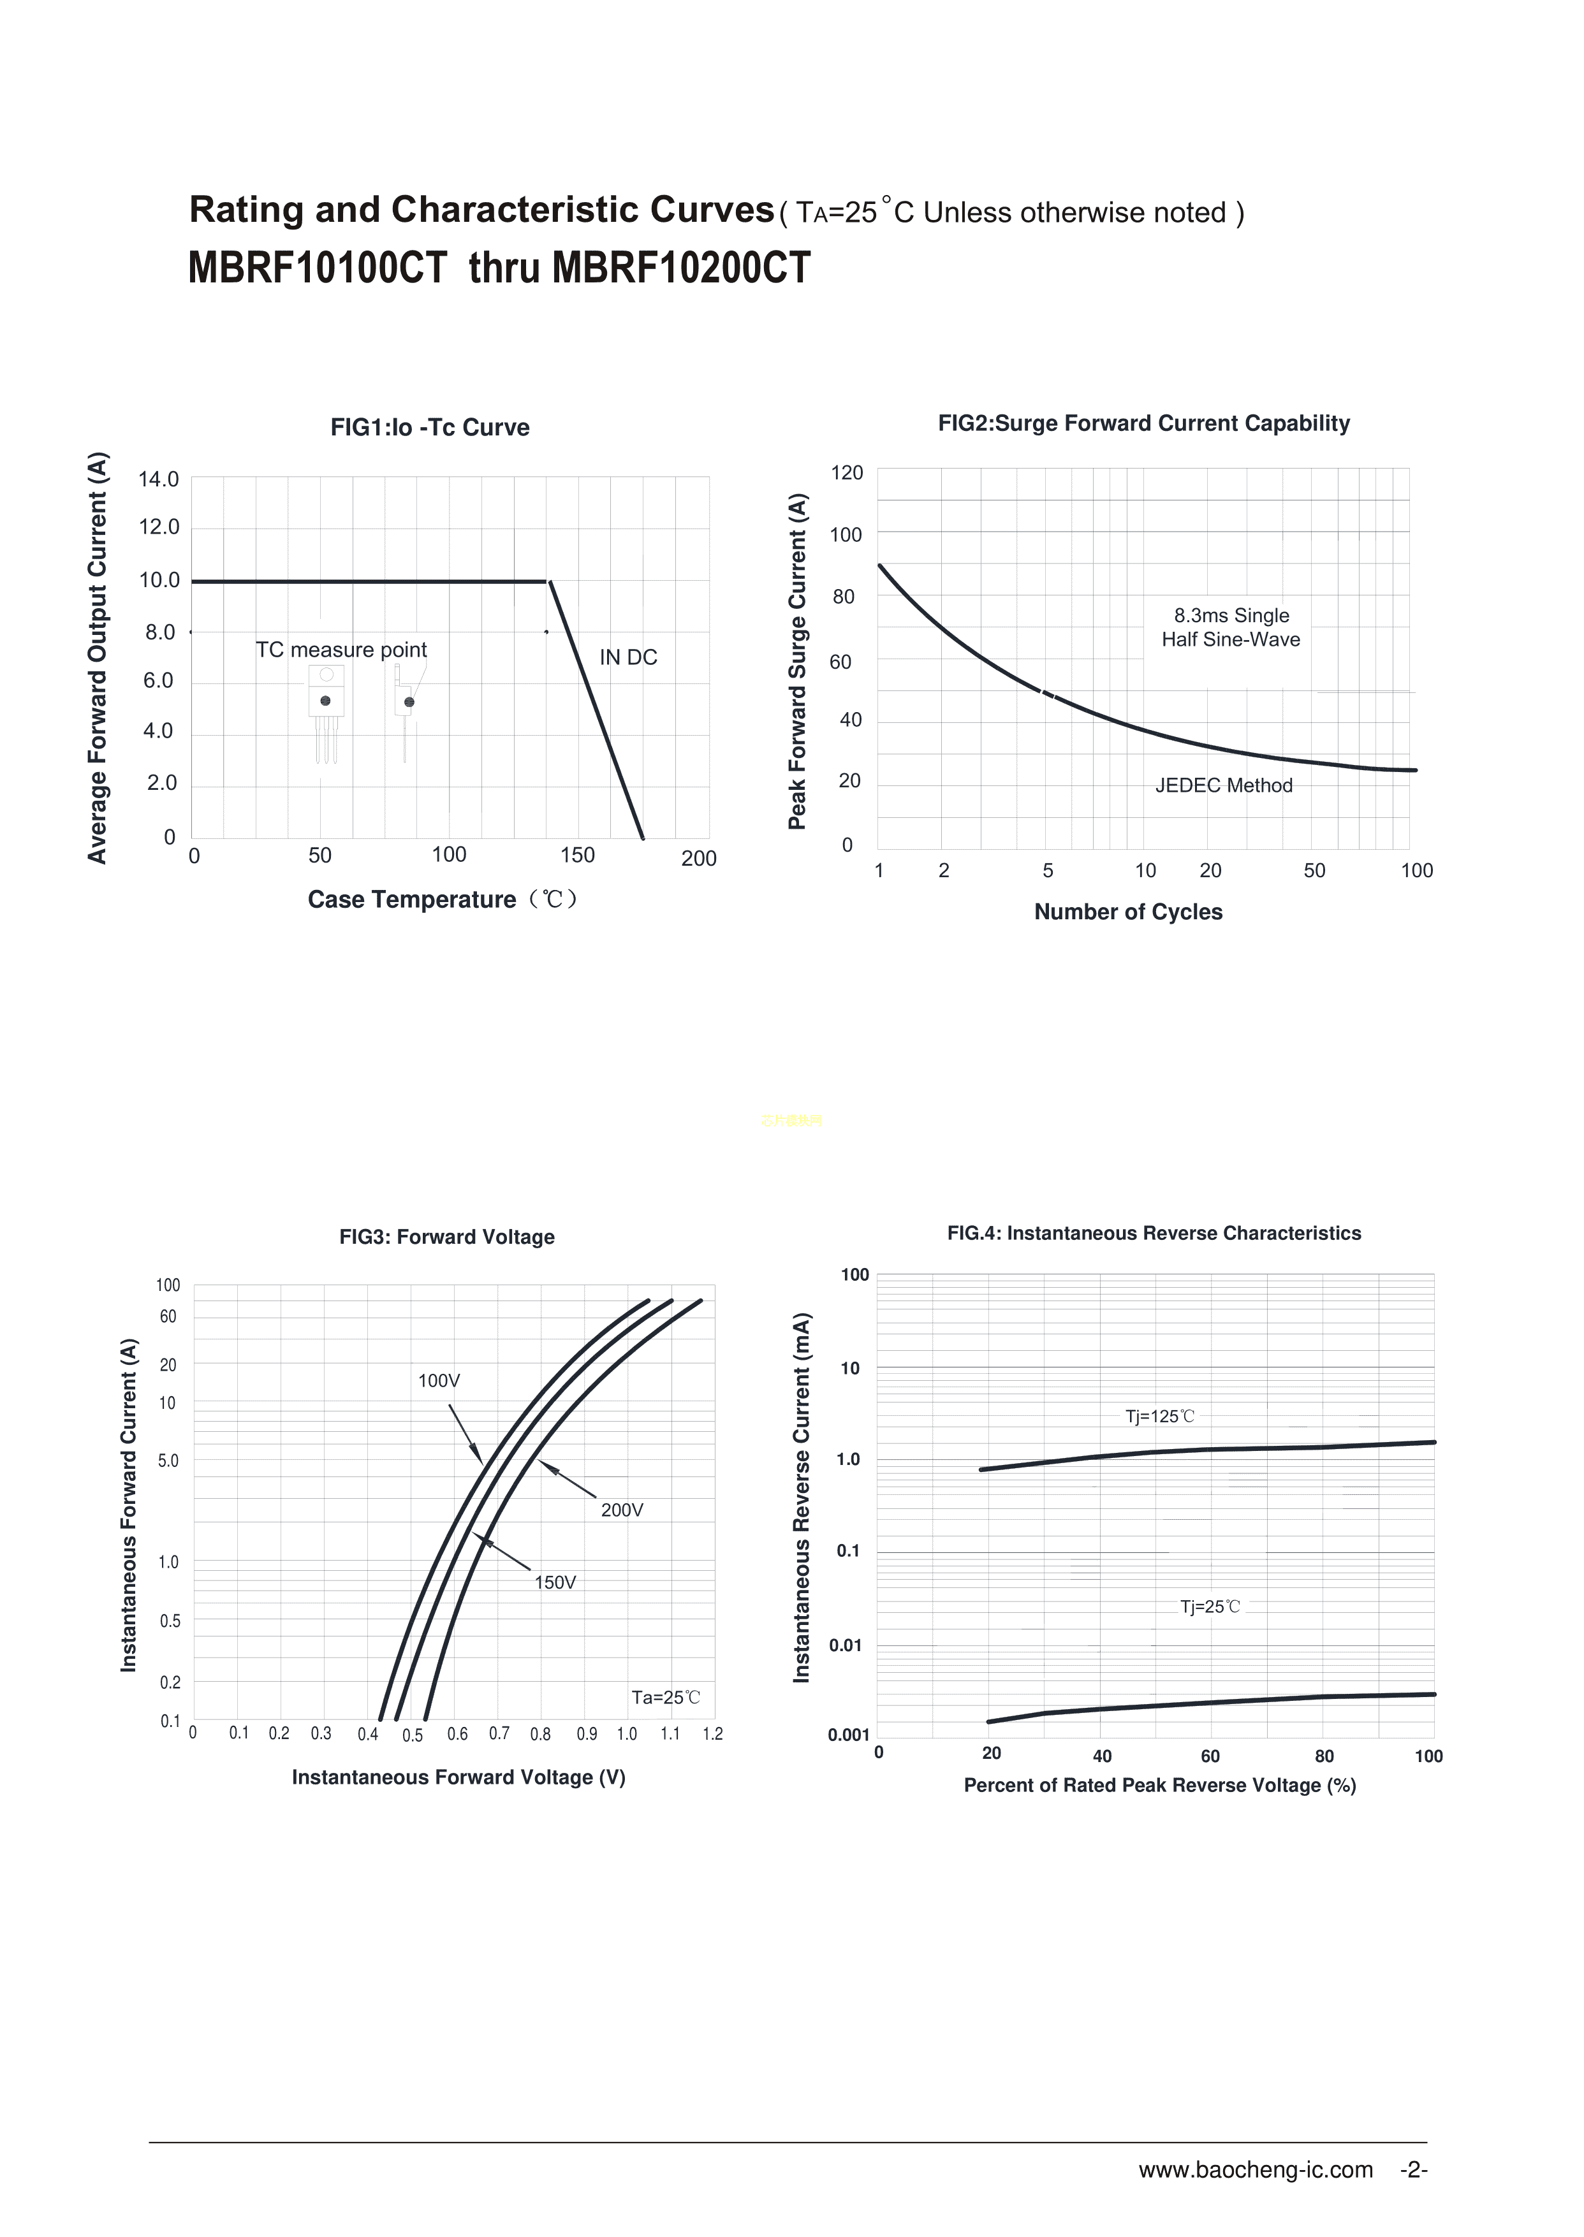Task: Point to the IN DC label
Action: pos(628,657)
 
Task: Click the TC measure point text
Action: pos(341,650)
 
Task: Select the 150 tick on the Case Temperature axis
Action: pos(577,855)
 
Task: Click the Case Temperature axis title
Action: pos(444,899)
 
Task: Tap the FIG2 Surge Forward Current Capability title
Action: pos(1143,423)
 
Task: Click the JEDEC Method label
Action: pos(1223,785)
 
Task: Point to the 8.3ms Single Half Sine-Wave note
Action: pos(1231,627)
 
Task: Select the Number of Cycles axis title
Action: pos(1127,912)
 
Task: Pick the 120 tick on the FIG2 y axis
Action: pos(847,473)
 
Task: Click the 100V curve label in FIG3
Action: pos(439,1381)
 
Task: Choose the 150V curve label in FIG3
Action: pos(555,1582)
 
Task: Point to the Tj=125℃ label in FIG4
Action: pos(1160,1416)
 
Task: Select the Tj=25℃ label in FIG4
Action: pos(1210,1606)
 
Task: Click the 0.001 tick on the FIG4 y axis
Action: pos(849,1735)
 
